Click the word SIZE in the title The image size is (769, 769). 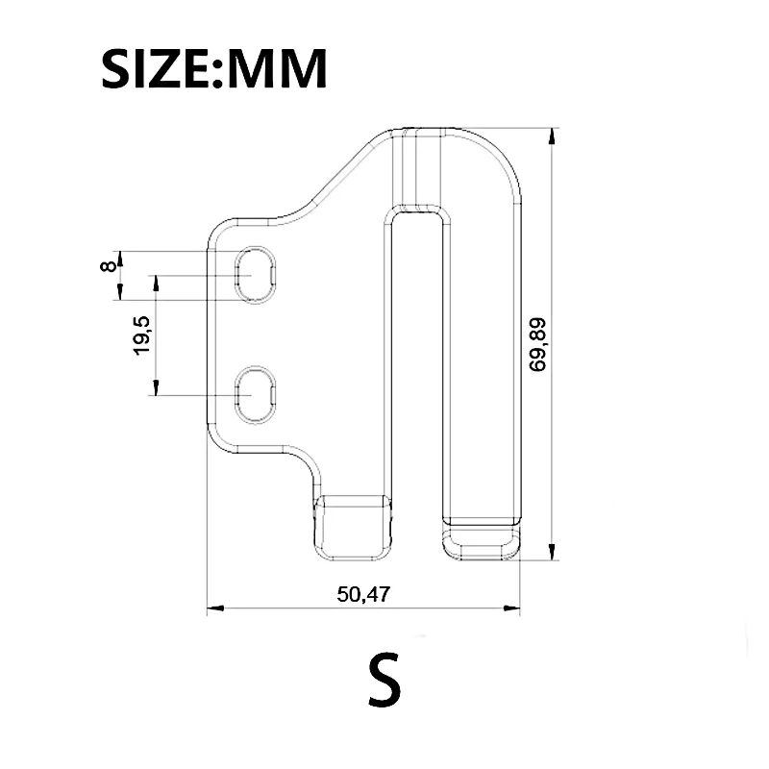pos(158,69)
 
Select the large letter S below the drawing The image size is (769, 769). pos(384,680)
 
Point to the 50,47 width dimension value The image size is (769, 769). pos(363,594)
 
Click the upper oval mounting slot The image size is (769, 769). pos(257,275)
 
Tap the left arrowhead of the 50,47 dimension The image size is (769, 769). pos(216,608)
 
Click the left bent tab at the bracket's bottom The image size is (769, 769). pos(355,526)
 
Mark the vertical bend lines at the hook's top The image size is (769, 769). pos(409,163)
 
